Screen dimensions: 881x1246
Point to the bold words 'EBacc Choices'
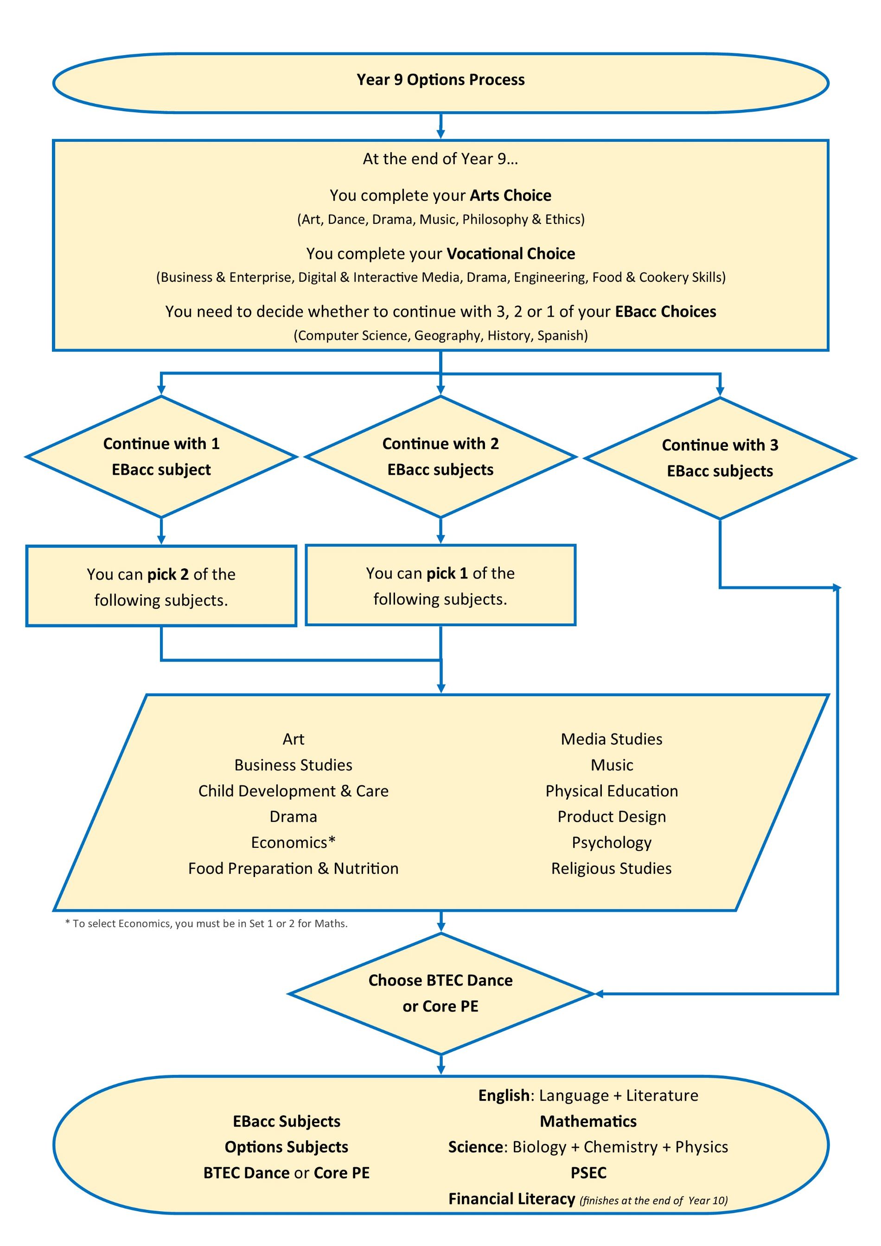665,311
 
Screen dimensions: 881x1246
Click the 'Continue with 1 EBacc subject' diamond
161,457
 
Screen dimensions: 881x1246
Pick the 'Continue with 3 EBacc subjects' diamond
720,458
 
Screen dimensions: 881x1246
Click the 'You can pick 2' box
161,586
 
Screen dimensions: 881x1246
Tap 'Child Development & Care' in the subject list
293,791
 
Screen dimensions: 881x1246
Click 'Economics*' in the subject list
293,842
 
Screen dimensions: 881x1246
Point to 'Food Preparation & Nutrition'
293,868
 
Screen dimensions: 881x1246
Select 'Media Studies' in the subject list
611,739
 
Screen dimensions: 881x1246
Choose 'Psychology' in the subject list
611,843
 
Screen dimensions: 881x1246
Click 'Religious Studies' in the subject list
611,868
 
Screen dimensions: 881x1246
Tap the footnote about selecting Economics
206,924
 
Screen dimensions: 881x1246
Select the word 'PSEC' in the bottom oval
588,1173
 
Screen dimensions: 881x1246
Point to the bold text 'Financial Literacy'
511,1198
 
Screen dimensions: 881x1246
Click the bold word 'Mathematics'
588,1121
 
